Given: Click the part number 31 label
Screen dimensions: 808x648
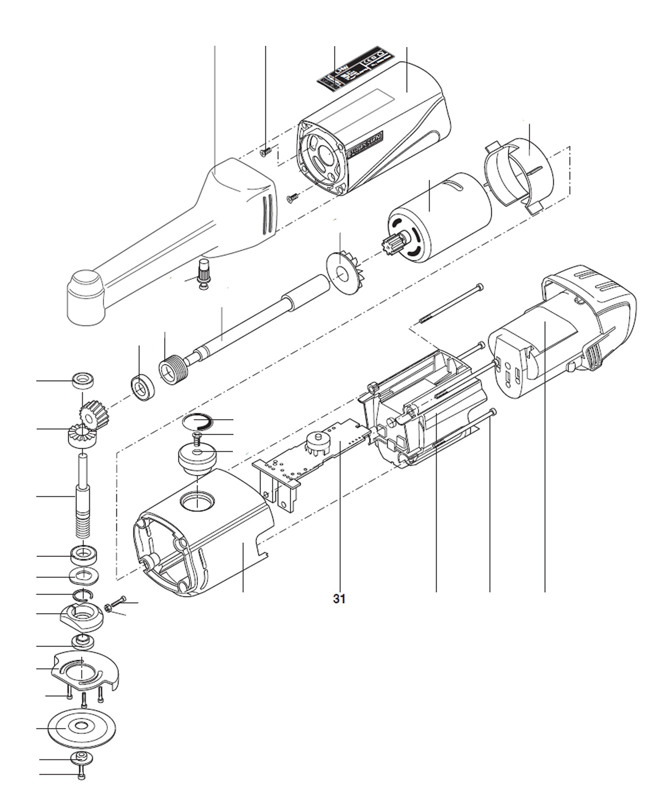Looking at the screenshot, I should click(339, 599).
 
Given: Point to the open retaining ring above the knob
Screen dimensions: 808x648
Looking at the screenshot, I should click(197, 420).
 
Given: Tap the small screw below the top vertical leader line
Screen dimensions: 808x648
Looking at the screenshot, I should click(265, 151).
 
